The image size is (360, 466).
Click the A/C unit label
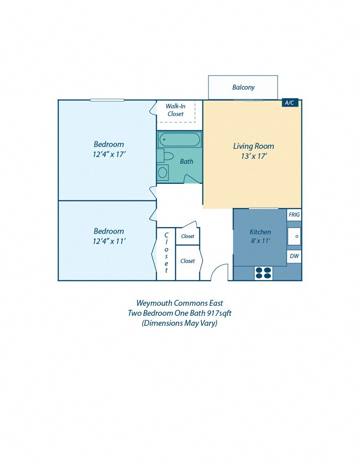pyautogui.click(x=290, y=103)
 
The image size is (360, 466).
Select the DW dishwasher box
pyautogui.click(x=294, y=256)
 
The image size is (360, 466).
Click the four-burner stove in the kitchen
pyautogui.click(x=263, y=273)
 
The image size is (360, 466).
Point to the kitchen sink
pyautogui.click(x=294, y=236)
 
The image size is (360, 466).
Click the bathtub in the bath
pyautogui.click(x=180, y=140)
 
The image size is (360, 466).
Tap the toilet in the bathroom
pyautogui.click(x=167, y=156)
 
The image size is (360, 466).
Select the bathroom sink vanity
pyautogui.click(x=162, y=173)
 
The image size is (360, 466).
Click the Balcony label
pyautogui.click(x=243, y=87)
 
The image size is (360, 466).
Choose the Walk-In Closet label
pyautogui.click(x=175, y=110)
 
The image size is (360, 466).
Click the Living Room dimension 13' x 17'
pyautogui.click(x=254, y=156)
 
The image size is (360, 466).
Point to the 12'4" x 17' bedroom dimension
pyautogui.click(x=109, y=155)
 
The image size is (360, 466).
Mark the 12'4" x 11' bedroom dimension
pyautogui.click(x=109, y=241)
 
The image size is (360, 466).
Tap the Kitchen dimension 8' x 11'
pyautogui.click(x=260, y=241)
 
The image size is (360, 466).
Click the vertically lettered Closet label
pyautogui.click(x=166, y=253)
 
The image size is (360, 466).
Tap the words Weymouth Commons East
pyautogui.click(x=179, y=303)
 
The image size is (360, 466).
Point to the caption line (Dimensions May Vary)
pyautogui.click(x=179, y=323)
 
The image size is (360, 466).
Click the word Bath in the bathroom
pyautogui.click(x=187, y=161)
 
